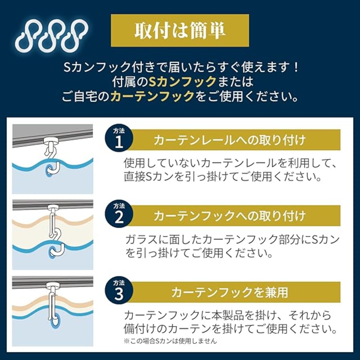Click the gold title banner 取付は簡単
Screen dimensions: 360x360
pos(180,30)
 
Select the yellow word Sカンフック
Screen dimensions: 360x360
pos(182,82)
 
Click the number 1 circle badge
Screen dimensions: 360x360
pos(119,139)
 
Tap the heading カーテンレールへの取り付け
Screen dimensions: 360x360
pos(229,140)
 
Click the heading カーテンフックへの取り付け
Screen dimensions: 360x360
pos(229,216)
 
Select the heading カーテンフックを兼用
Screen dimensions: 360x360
pos(229,292)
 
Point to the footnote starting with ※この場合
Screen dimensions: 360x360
pos(170,341)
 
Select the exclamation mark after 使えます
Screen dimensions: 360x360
pos(294,67)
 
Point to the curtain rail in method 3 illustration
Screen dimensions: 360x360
pos(53,281)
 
